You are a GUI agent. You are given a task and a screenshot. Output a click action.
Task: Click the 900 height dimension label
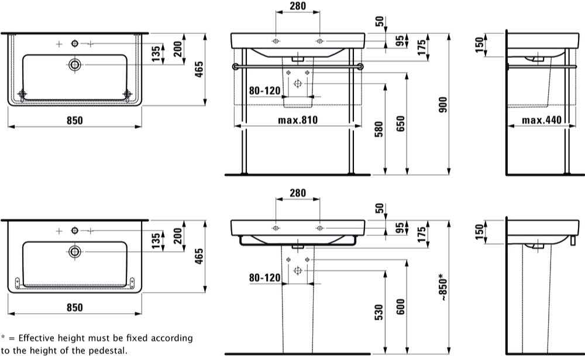[x=443, y=105]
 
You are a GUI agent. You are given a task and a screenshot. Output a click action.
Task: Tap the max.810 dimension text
[x=298, y=120]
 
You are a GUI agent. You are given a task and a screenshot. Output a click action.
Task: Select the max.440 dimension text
[x=541, y=120]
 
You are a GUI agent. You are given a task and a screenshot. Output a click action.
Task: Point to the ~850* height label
[x=443, y=287]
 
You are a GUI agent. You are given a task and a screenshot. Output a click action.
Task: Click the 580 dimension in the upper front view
[x=378, y=129]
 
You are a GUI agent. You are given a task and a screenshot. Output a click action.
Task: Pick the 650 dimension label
[x=400, y=124]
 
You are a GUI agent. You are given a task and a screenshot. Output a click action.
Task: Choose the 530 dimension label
[x=378, y=312]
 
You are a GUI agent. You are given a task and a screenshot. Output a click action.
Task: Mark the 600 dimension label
[x=400, y=307]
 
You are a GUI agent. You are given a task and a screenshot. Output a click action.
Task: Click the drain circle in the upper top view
[x=75, y=64]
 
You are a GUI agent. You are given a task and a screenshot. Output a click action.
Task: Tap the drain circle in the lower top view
[x=75, y=252]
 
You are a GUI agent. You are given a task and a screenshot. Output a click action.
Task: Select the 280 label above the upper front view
[x=298, y=6]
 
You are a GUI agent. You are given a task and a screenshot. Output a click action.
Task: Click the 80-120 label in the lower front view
[x=264, y=277]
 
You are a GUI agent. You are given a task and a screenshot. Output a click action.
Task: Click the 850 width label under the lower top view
[x=75, y=307]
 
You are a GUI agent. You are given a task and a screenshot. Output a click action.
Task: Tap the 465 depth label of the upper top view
[x=199, y=69]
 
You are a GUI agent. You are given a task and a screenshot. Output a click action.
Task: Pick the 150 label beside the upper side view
[x=480, y=45]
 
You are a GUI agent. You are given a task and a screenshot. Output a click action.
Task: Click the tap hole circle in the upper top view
[x=75, y=44]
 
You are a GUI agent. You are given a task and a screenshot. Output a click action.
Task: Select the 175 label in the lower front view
[x=422, y=235]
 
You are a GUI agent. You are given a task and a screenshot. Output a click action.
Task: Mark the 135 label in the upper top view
[x=156, y=53]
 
